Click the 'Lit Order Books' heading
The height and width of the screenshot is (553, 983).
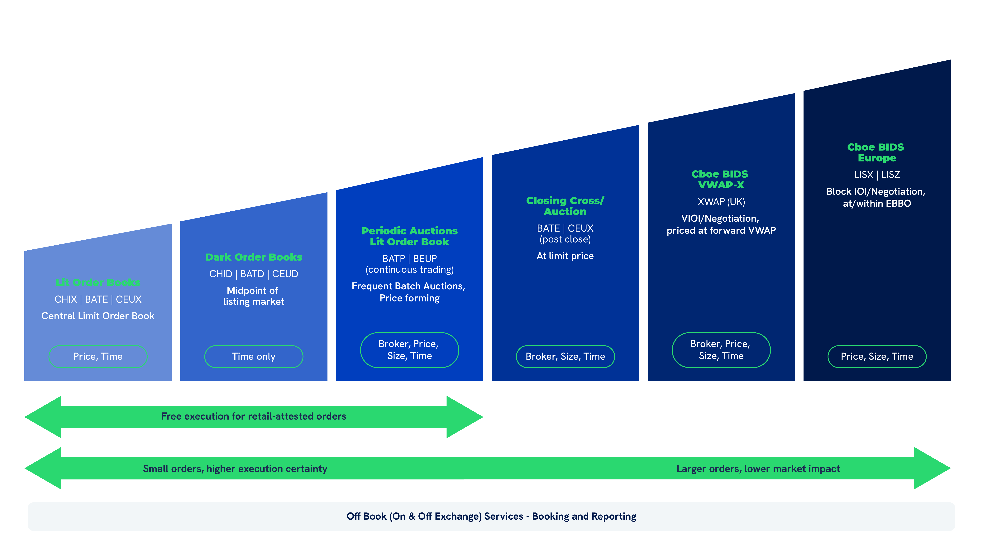98,282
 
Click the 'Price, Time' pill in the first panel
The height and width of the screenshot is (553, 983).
98,356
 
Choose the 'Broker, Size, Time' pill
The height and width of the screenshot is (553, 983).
565,356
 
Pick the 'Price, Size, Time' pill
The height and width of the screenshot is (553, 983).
876,356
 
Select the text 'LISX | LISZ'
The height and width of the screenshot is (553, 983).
876,175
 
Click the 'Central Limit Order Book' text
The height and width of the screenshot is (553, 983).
98,316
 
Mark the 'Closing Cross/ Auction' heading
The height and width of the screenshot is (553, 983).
565,206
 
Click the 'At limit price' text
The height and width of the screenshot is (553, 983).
565,256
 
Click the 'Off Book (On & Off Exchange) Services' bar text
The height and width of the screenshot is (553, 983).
491,516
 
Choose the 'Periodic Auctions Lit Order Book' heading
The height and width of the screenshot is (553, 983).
409,236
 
